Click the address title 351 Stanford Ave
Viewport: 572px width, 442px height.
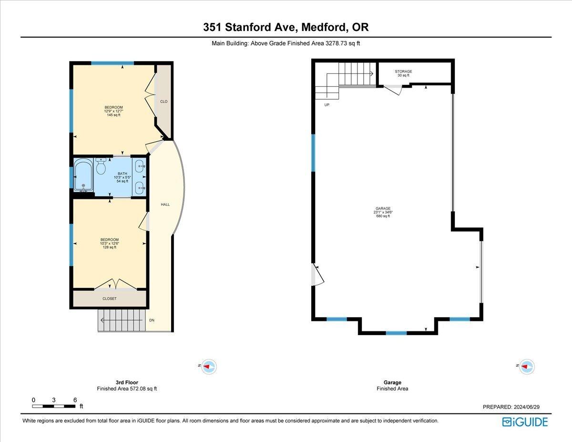click(x=286, y=28)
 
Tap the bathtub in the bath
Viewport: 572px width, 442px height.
click(x=83, y=175)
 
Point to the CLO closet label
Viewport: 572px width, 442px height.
click(x=163, y=102)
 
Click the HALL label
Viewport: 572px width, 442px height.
click(x=165, y=205)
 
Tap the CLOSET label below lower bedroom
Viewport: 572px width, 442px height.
click(x=110, y=298)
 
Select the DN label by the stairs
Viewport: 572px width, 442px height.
click(x=152, y=320)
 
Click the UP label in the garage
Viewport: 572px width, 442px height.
click(x=327, y=105)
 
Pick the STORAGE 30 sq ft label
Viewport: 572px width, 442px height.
click(x=403, y=73)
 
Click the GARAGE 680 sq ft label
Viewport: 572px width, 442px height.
click(x=383, y=212)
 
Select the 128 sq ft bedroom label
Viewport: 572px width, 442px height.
click(x=109, y=244)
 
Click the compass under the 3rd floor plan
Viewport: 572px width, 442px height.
click(x=208, y=367)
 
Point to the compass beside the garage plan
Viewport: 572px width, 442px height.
click(x=526, y=367)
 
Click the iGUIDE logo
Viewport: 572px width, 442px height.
click(x=525, y=422)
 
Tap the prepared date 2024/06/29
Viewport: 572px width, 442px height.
click(x=511, y=407)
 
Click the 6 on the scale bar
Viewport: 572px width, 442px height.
click(x=75, y=400)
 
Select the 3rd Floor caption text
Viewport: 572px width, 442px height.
click(x=127, y=382)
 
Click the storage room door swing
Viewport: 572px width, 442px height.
click(x=394, y=90)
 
